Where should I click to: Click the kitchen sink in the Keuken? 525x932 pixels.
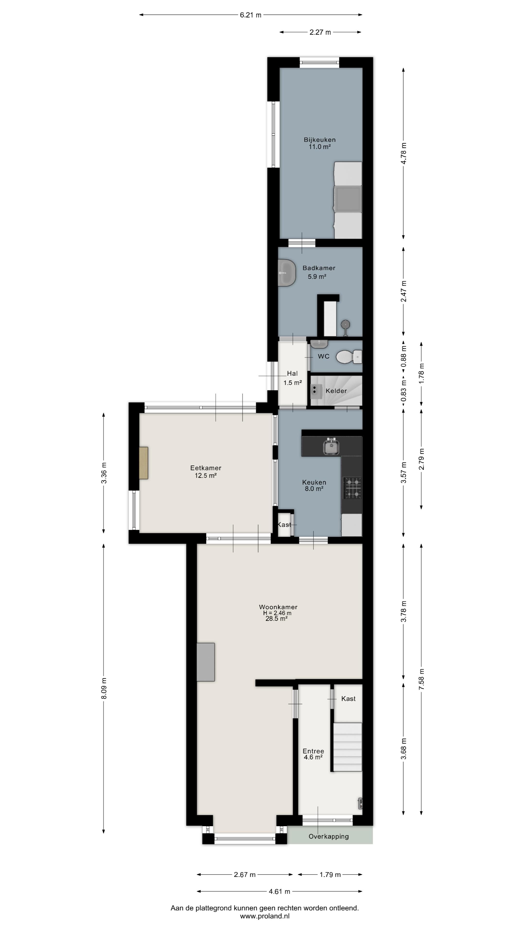coord(331,447)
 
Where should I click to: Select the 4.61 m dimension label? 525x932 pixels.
coord(279,891)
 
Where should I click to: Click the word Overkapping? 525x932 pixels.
coord(329,836)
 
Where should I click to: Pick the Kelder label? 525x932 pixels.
coord(336,391)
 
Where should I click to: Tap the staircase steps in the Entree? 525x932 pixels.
coord(348,748)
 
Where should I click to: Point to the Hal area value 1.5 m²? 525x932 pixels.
coord(292,383)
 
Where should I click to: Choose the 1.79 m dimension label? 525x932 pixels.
coord(330,874)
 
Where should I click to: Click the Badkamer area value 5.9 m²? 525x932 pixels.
coord(317,276)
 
